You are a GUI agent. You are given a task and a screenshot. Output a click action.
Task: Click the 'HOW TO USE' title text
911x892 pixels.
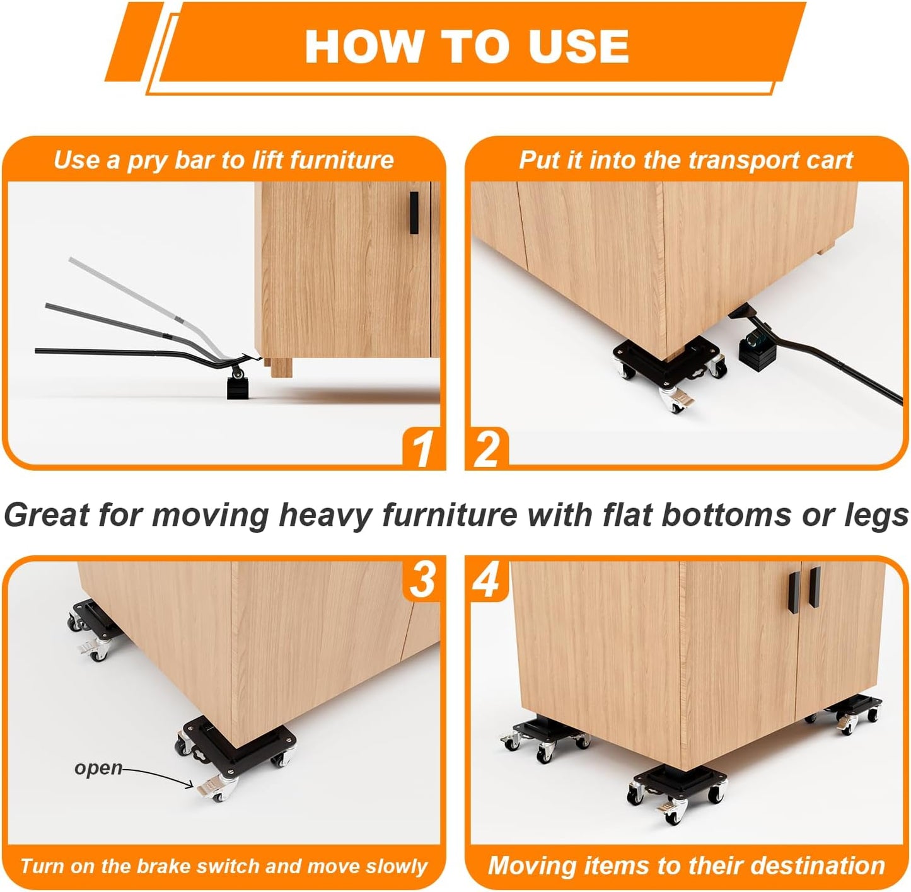click(467, 46)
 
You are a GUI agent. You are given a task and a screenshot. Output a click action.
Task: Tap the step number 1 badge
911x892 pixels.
click(423, 449)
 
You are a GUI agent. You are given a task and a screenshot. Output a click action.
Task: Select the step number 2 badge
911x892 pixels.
click(487, 449)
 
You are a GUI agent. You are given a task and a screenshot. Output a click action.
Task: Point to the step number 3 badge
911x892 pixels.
click(422, 579)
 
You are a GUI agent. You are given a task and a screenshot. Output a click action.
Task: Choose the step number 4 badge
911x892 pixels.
click(487, 579)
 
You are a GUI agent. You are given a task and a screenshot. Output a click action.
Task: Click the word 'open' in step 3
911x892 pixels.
click(98, 768)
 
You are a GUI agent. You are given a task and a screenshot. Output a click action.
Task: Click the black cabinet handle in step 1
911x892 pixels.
click(414, 212)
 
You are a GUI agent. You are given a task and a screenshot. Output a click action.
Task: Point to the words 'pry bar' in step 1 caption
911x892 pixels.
click(170, 160)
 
